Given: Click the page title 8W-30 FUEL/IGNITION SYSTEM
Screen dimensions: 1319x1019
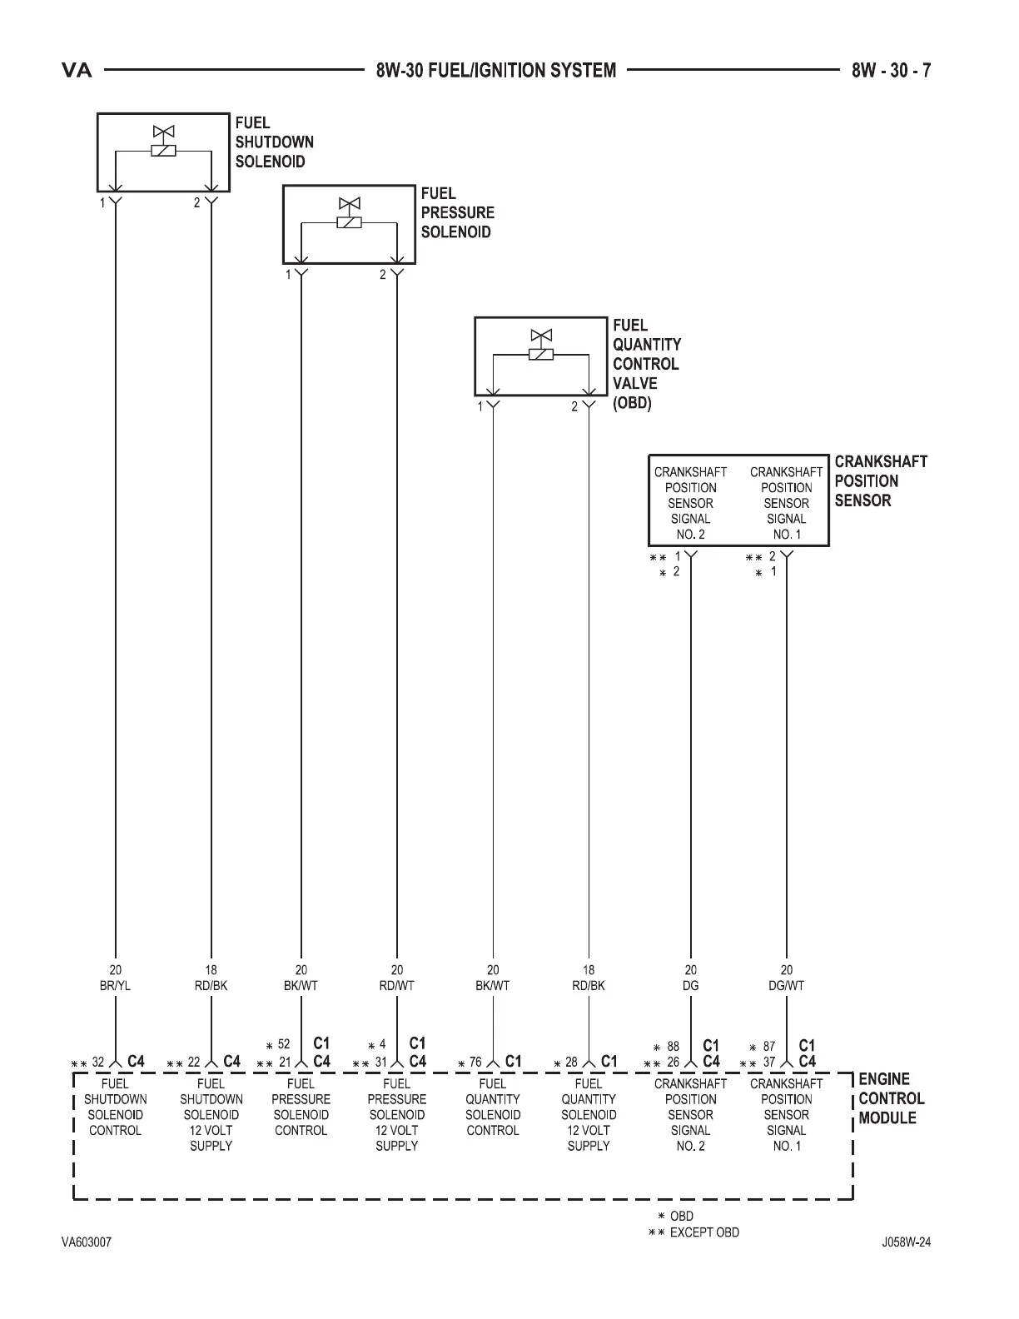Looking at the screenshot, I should (495, 70).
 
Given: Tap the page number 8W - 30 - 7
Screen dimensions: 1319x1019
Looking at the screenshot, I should (891, 70).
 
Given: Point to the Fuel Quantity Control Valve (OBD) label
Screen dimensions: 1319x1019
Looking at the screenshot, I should (646, 364).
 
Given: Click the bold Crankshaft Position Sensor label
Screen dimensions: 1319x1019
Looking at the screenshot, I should (880, 480).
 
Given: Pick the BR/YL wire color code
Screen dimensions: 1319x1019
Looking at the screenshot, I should (115, 985).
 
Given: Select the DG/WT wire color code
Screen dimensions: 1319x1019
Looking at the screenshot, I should (786, 985).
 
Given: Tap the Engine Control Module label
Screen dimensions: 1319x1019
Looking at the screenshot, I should (891, 1098).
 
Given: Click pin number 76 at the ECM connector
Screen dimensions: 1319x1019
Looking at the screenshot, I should (475, 1062).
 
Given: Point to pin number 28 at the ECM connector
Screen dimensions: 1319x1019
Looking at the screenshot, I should (571, 1062).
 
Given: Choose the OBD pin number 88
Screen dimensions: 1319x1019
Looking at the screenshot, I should (674, 1046).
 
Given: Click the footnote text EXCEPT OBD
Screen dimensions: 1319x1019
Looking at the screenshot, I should (703, 1232).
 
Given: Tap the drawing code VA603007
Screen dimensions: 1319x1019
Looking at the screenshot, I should (86, 1242).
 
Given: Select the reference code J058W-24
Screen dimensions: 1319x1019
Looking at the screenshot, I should (907, 1242).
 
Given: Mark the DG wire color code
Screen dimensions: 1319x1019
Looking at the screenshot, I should (690, 985).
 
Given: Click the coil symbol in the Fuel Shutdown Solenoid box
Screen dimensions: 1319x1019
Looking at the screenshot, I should (163, 151).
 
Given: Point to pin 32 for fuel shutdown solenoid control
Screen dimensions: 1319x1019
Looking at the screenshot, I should (98, 1062).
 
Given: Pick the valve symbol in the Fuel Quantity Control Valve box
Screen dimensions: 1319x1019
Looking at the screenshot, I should (541, 336).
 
